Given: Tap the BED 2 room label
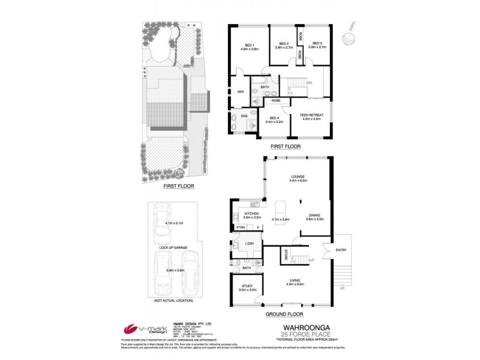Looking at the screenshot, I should [x=283, y=44].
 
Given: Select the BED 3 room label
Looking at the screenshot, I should [x=317, y=44].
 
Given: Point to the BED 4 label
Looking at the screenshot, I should [x=274, y=118].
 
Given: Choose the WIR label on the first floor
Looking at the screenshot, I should [x=240, y=92].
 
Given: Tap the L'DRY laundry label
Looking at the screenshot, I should [x=251, y=243].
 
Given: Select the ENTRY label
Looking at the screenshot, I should [x=341, y=250].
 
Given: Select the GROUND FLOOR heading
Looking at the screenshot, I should [x=285, y=314].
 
